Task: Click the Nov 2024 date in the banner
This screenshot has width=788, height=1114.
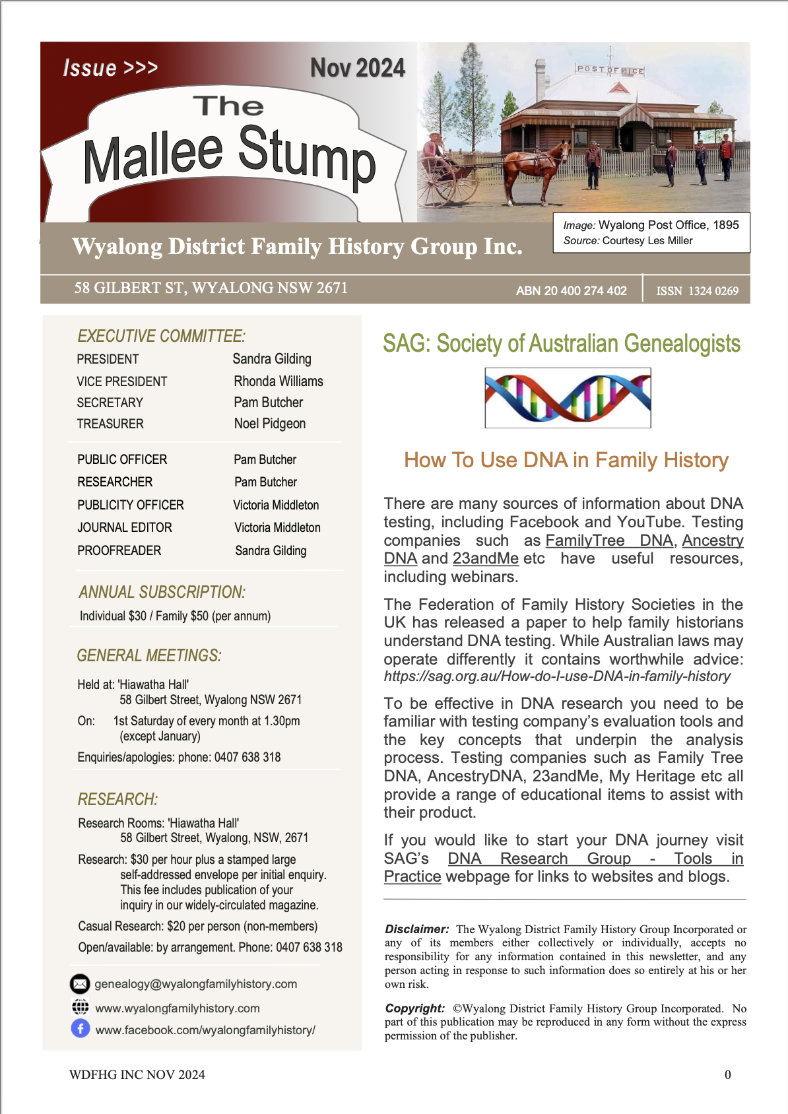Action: (357, 68)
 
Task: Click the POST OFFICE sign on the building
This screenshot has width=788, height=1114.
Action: (610, 69)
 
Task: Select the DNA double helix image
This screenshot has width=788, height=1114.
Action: (568, 398)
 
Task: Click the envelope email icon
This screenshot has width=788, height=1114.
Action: (80, 984)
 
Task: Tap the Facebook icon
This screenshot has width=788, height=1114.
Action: (81, 1028)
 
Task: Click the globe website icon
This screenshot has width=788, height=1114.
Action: (80, 1007)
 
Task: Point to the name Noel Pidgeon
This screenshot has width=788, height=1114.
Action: (269, 424)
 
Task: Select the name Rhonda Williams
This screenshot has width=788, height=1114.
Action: (278, 381)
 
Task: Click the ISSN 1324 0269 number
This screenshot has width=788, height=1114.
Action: (697, 291)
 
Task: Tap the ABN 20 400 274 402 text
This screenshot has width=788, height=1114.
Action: (571, 291)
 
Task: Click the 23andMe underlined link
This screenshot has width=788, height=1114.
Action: (485, 558)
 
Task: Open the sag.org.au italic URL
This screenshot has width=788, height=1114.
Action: (557, 676)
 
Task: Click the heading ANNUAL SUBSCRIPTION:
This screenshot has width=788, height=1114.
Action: (162, 592)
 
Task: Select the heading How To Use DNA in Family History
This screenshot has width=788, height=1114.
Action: (566, 460)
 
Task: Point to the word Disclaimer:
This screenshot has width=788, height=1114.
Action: (416, 929)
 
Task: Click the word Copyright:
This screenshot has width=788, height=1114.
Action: (414, 1008)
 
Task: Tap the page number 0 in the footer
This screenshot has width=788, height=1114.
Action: (727, 1074)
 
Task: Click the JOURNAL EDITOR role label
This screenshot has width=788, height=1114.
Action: (124, 527)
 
